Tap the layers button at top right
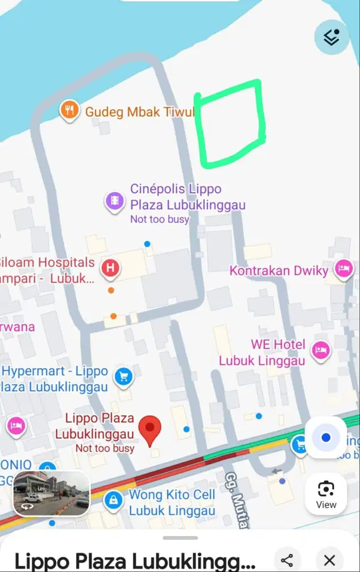[x=331, y=37]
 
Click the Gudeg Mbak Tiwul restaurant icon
[x=69, y=110]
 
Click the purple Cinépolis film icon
[x=115, y=201]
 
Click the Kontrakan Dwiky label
[x=279, y=271]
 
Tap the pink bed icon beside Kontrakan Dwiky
[x=344, y=269]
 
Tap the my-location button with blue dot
[x=326, y=438]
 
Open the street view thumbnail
[x=52, y=493]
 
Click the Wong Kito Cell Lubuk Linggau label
[x=172, y=502]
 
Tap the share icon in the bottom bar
[x=287, y=560]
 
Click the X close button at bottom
[x=329, y=560]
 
